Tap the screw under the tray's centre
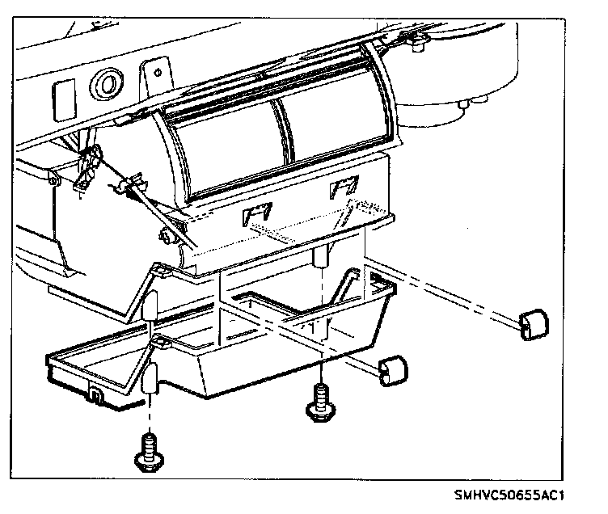pos(319,402)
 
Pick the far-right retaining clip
pos(534,323)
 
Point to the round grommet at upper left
pos(106,82)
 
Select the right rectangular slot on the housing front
pos(343,189)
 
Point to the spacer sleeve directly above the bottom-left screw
pos(151,379)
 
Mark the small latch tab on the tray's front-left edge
pos(95,396)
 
